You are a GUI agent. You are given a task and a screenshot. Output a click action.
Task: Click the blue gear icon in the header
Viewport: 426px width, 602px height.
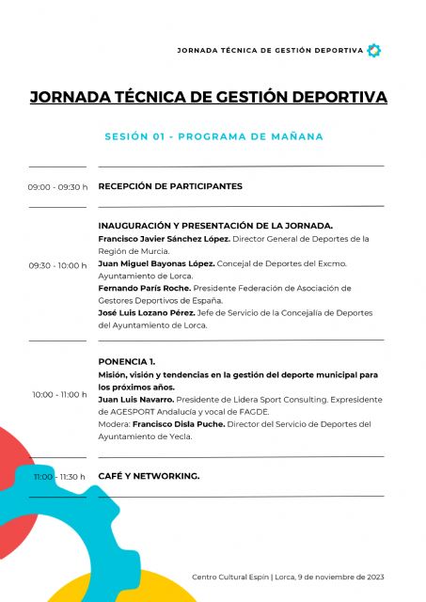[373, 50]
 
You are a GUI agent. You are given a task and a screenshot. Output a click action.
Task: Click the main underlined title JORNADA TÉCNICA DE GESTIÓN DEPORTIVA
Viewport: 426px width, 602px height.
[209, 98]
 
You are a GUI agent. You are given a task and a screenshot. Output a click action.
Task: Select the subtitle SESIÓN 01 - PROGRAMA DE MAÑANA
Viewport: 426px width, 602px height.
[213, 136]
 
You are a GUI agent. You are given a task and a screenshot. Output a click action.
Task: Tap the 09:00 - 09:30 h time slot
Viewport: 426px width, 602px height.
[57, 187]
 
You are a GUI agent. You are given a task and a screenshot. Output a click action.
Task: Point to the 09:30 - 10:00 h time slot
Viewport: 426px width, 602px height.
[57, 265]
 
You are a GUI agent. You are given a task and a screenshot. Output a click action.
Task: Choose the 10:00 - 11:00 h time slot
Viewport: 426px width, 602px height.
[59, 394]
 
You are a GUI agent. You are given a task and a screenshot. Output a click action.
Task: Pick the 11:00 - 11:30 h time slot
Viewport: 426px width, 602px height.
[59, 477]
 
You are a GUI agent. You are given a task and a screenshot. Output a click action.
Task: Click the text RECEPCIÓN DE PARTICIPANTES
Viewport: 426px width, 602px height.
[170, 186]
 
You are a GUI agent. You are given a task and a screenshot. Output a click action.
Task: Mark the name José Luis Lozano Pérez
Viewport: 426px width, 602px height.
[147, 312]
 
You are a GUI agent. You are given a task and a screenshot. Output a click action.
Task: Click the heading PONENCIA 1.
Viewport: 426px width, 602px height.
[127, 361]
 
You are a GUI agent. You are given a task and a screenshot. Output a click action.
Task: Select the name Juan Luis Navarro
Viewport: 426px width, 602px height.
[137, 399]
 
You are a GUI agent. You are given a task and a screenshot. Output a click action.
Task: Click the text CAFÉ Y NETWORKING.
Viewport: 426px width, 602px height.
[149, 477]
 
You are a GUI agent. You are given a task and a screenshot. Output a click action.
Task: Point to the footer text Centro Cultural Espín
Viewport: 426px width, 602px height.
[229, 577]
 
